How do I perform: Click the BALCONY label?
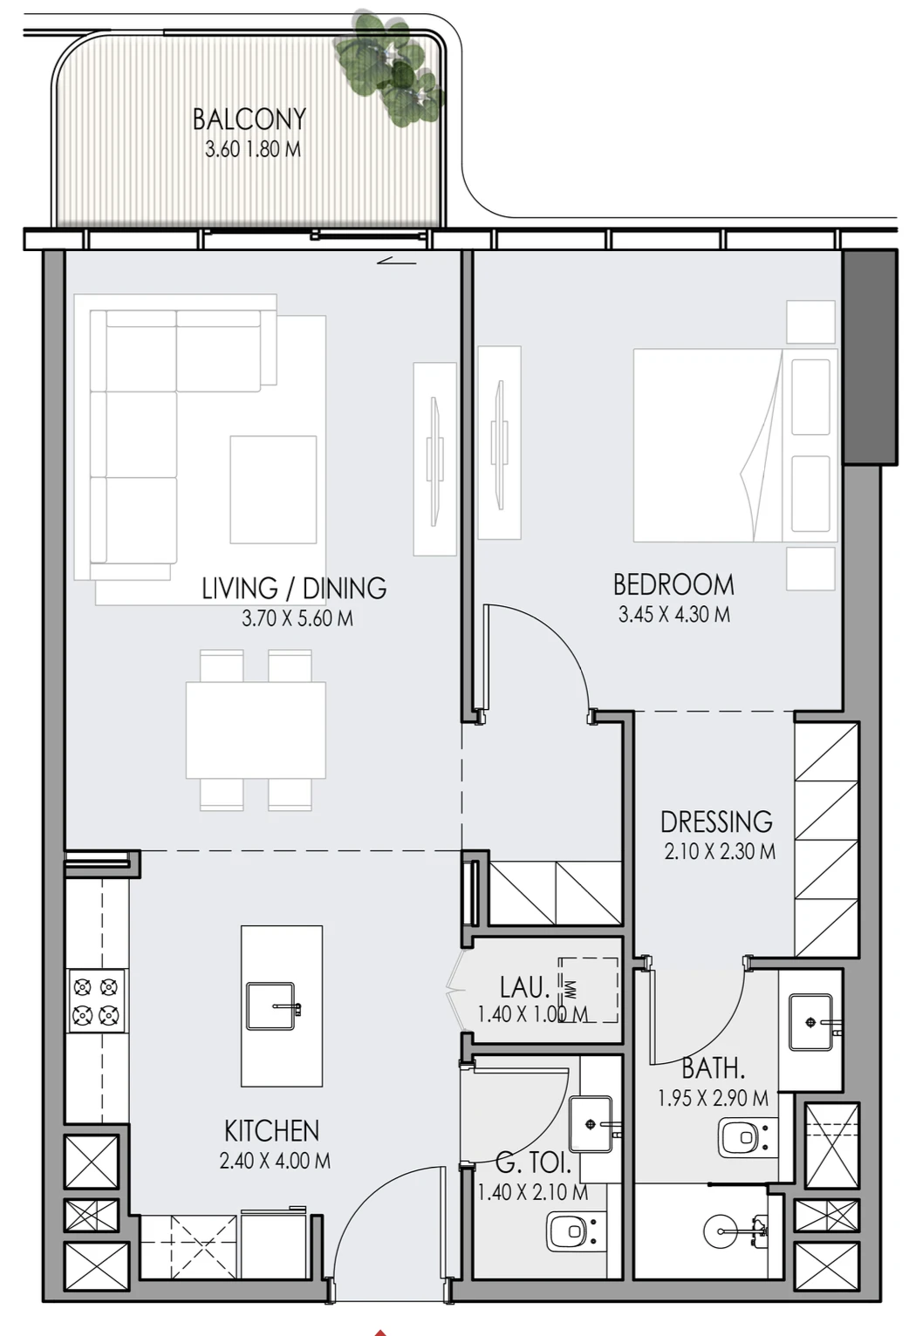pyautogui.click(x=249, y=119)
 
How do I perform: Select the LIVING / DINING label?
pyautogui.click(x=294, y=588)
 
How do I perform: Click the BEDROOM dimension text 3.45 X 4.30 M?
pyautogui.click(x=674, y=614)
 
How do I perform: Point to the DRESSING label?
pyautogui.click(x=716, y=821)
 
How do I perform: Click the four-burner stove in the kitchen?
pyautogui.click(x=96, y=1001)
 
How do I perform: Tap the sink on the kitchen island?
pyautogui.click(x=272, y=1006)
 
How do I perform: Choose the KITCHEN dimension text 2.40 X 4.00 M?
pyautogui.click(x=275, y=1161)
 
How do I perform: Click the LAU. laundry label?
pyautogui.click(x=525, y=988)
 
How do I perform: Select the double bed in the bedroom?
pyautogui.click(x=735, y=446)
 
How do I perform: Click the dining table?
pyautogui.click(x=256, y=730)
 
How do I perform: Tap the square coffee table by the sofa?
pyautogui.click(x=273, y=490)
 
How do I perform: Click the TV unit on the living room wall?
pyautogui.click(x=434, y=460)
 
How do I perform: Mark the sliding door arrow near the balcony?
pyautogui.click(x=397, y=261)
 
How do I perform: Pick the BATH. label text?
pyautogui.click(x=714, y=1068)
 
